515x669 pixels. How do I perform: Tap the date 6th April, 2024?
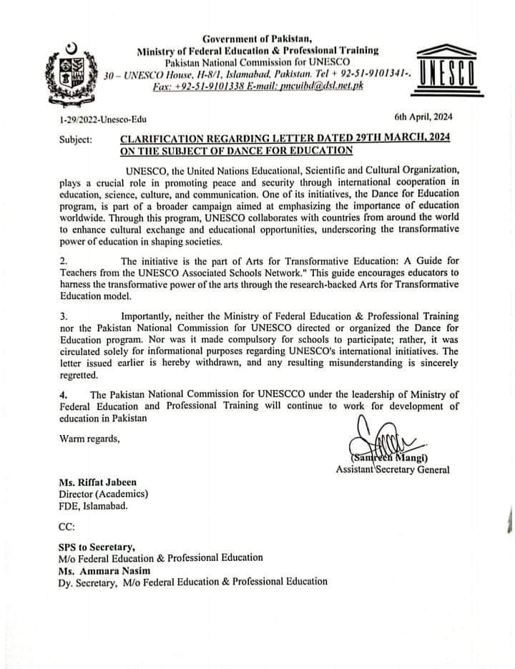[423, 117]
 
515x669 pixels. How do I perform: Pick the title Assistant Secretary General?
[393, 469]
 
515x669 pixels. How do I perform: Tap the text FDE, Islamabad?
[93, 507]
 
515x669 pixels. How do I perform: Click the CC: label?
[66, 527]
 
